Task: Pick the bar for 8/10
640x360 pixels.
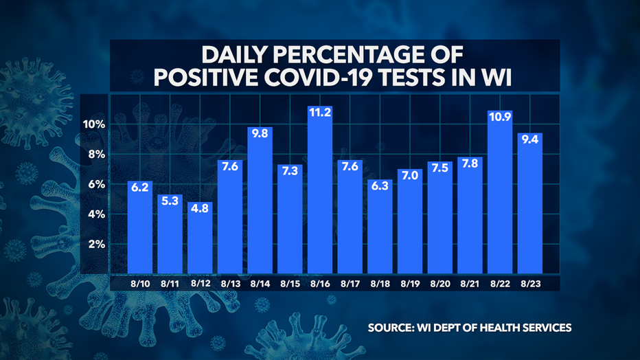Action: click(140, 227)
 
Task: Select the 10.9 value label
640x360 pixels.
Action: click(500, 117)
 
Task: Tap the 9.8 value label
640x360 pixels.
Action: click(260, 134)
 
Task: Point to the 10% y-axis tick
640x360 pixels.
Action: click(95, 124)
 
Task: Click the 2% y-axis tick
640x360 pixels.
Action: click(97, 245)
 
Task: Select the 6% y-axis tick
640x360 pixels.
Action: click(97, 185)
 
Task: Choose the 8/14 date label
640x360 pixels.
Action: click(260, 282)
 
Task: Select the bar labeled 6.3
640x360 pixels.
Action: click(380, 227)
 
